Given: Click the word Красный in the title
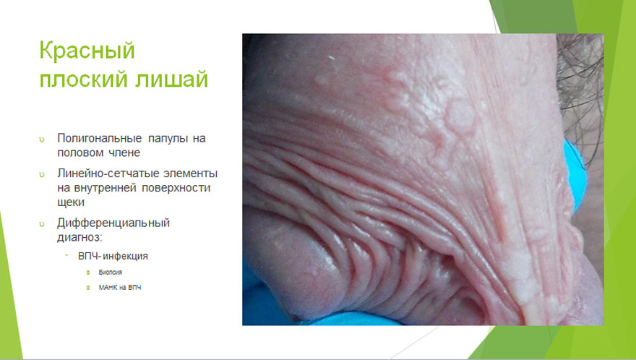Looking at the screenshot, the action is [87, 51].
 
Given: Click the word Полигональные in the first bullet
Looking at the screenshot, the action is [100, 139].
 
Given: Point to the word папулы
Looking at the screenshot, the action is [168, 139].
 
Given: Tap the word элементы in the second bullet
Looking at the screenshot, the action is [190, 173].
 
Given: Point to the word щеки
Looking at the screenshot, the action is [71, 202].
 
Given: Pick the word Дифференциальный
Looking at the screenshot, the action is [113, 223].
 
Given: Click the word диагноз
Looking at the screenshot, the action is [78, 238].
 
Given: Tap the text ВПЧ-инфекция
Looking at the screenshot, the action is [113, 256].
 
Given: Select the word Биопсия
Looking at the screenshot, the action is [111, 273].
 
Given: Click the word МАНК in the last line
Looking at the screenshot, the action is [107, 288].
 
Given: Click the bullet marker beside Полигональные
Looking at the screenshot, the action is [42, 140].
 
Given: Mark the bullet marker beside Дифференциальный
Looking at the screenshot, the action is [42, 224].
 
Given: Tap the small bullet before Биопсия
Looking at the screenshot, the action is [88, 273].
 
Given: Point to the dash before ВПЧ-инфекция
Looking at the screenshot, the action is [66, 255].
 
